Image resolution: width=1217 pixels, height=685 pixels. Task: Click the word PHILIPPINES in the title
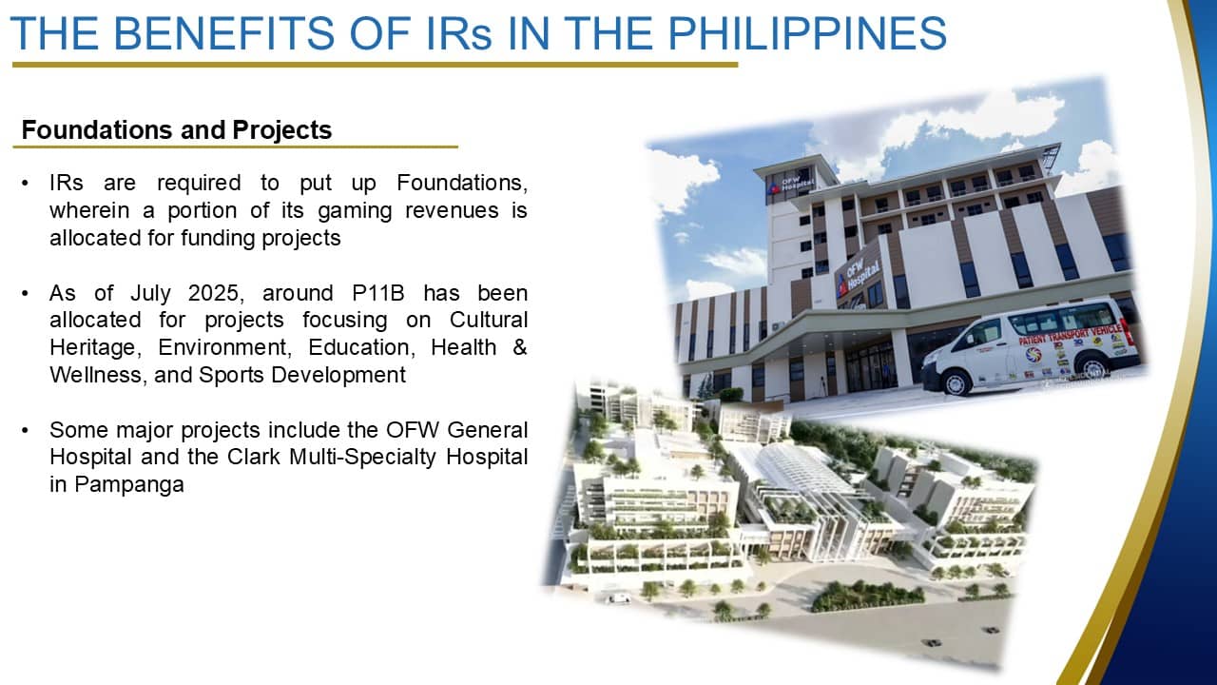pyautogui.click(x=807, y=33)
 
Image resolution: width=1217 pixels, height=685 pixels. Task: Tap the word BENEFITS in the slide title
pyautogui.click(x=223, y=33)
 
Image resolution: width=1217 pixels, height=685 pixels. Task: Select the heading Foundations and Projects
pyautogui.click(x=177, y=130)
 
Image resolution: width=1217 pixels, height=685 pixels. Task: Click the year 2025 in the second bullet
pyautogui.click(x=213, y=294)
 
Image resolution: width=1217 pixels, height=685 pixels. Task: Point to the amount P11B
pyautogui.click(x=378, y=294)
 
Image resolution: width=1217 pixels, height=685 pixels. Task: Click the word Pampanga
pyautogui.click(x=129, y=485)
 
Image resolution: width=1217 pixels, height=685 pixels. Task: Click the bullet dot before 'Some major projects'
pyautogui.click(x=25, y=431)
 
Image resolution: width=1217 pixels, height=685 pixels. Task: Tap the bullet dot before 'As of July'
pyautogui.click(x=25, y=294)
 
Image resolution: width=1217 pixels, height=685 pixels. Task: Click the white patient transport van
pyautogui.click(x=1033, y=346)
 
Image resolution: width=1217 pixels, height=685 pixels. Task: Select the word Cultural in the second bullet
pyautogui.click(x=489, y=321)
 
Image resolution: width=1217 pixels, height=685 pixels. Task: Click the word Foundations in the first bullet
pyautogui.click(x=462, y=184)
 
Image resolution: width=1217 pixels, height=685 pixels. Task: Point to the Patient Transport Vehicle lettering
pyautogui.click(x=1071, y=334)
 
